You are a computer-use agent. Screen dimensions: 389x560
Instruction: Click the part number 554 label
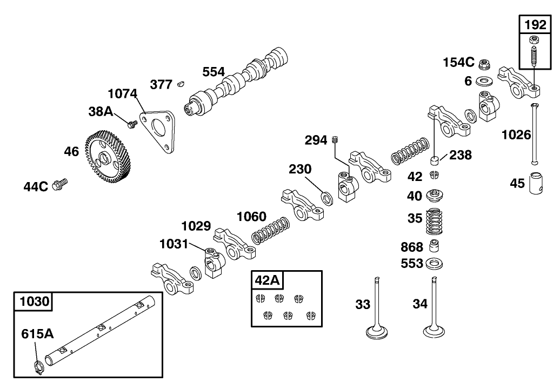pyautogui.click(x=214, y=72)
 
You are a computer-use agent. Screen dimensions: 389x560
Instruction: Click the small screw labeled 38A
pyautogui.click(x=130, y=124)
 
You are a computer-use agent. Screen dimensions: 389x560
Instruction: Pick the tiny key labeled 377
pyautogui.click(x=181, y=84)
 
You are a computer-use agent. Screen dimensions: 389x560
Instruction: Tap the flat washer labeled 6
pyautogui.click(x=484, y=81)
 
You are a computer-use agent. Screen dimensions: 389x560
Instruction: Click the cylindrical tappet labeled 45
pyautogui.click(x=536, y=183)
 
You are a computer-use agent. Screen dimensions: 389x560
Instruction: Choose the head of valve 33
pyautogui.click(x=377, y=331)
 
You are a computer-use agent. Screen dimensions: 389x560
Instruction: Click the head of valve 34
pyautogui.click(x=435, y=331)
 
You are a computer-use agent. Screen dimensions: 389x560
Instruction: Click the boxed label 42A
pyautogui.click(x=267, y=280)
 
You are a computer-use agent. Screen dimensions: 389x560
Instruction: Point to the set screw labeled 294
pyautogui.click(x=336, y=140)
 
